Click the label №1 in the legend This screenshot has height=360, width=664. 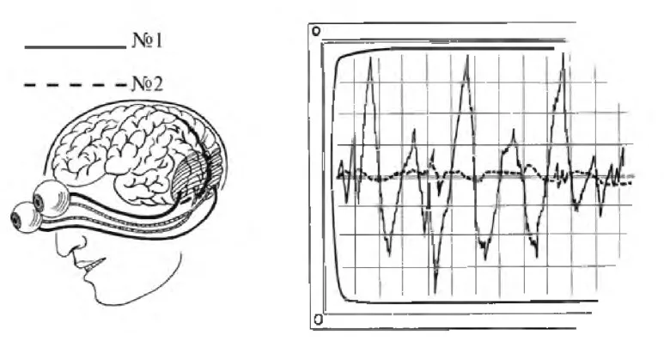point(148,40)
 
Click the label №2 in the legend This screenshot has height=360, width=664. point(148,83)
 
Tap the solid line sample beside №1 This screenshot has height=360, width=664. point(76,47)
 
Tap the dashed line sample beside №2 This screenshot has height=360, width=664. point(76,86)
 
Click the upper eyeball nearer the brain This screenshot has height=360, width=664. point(51,199)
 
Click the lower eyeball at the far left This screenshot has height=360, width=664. point(26,217)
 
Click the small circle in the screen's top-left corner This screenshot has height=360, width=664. point(316,31)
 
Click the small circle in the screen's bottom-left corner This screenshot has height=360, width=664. point(319,319)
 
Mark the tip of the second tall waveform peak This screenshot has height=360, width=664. point(467,56)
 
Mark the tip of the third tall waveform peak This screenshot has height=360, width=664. point(563,53)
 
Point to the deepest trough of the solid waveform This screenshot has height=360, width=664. point(435,293)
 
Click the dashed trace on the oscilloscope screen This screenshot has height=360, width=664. point(487,173)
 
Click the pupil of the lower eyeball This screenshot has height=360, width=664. point(17,218)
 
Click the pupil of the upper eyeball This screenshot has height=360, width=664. point(39,203)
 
